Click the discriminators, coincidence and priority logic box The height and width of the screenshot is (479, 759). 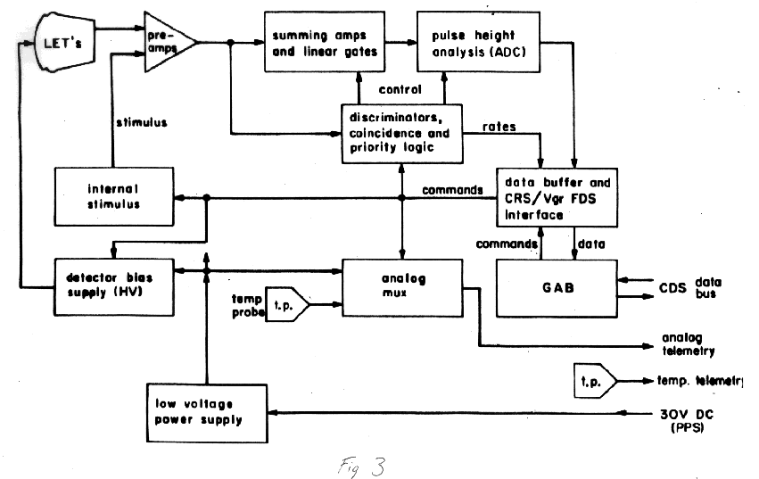click(x=402, y=133)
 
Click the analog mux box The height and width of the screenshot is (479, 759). click(x=402, y=286)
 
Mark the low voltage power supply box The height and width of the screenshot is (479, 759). click(x=206, y=413)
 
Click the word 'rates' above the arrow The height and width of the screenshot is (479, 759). click(x=499, y=126)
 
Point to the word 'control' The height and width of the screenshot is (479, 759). click(x=399, y=89)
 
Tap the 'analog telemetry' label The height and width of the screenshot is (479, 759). click(x=688, y=343)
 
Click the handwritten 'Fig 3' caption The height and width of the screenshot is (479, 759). click(x=363, y=464)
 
